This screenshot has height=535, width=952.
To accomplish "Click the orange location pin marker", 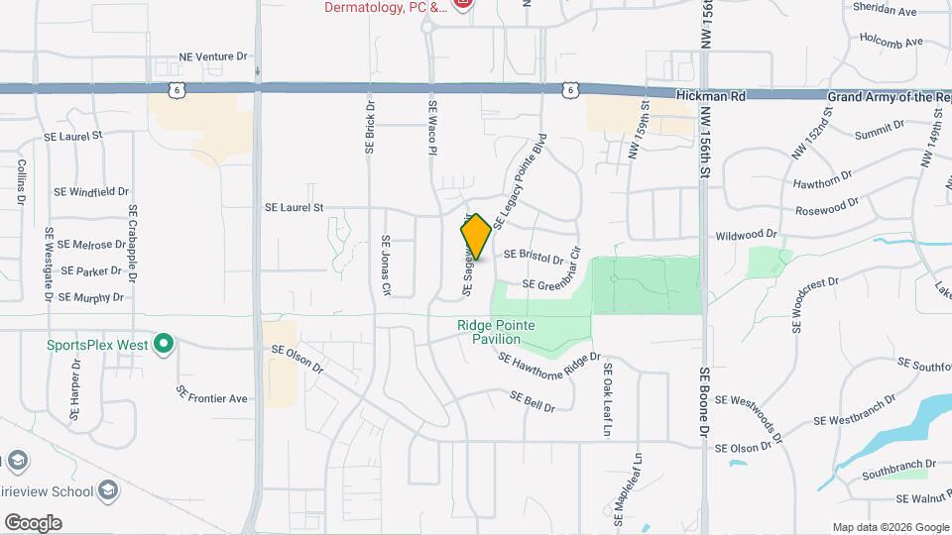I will point(476,238).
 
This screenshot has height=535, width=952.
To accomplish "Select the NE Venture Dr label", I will point(212,56).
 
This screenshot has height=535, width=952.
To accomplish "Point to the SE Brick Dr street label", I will point(370,127).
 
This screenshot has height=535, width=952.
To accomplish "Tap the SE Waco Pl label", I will point(432,127).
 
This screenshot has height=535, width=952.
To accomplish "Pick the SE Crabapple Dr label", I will point(132,242).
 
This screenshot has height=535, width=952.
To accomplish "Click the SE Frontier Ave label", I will point(211,393).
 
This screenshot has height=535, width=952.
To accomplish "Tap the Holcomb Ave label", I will point(891,42).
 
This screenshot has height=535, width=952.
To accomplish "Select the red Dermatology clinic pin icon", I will point(461,6).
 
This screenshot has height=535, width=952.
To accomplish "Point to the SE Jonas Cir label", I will point(386,266).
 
